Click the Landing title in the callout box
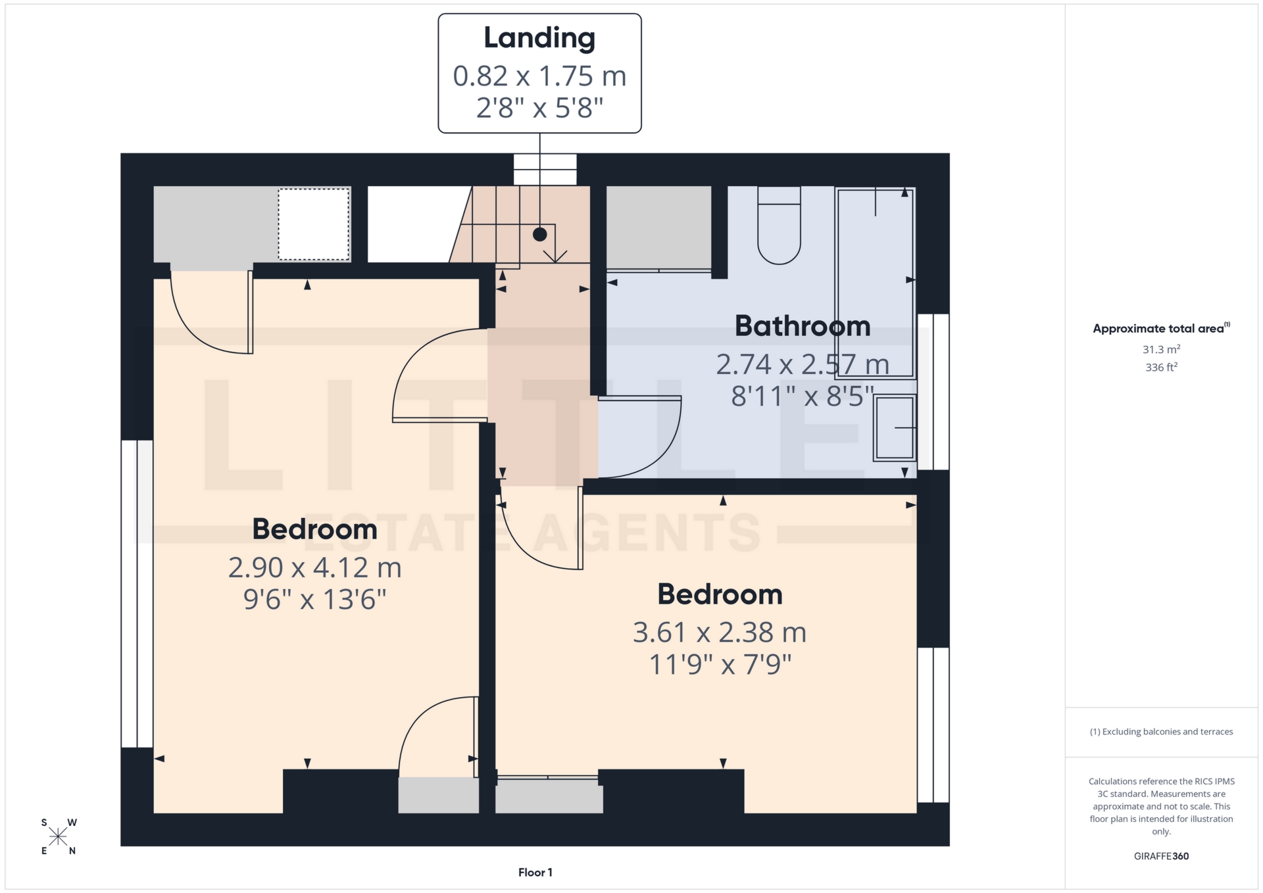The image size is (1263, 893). (x=539, y=38)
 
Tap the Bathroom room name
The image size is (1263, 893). (x=802, y=326)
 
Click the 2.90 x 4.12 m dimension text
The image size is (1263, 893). (x=314, y=567)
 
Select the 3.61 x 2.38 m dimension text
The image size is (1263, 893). (x=720, y=633)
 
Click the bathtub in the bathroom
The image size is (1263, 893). (x=875, y=283)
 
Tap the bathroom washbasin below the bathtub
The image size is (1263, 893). (x=895, y=427)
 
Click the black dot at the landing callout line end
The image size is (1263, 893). (x=539, y=234)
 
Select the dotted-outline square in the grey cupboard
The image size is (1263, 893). (x=314, y=224)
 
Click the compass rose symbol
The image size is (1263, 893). (x=58, y=836)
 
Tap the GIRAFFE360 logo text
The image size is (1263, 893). (x=1161, y=856)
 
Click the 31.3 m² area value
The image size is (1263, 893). (x=1161, y=350)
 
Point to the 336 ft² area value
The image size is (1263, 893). (x=1161, y=368)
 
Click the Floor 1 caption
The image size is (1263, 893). (x=535, y=873)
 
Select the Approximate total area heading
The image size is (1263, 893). (x=1159, y=329)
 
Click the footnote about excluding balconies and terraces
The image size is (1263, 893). (x=1161, y=732)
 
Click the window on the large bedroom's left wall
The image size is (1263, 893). (x=137, y=593)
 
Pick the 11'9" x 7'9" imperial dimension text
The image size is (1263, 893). (x=720, y=665)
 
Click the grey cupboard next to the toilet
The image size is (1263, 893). (x=658, y=227)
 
